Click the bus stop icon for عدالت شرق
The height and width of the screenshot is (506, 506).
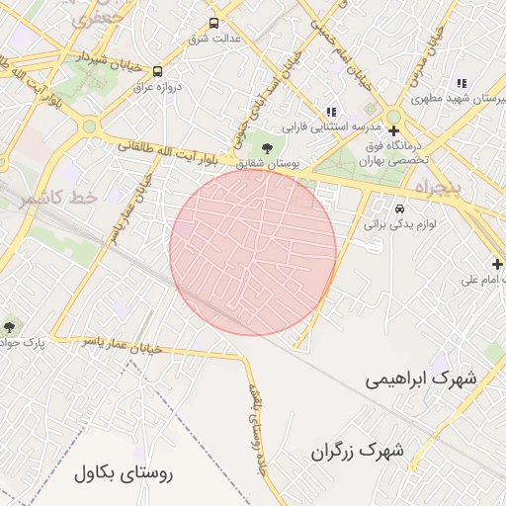tap(214, 24)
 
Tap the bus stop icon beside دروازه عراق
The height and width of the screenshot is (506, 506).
tap(158, 70)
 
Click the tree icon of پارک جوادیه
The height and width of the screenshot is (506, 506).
tap(10, 326)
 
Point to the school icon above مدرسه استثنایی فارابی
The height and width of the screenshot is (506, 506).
tap(331, 112)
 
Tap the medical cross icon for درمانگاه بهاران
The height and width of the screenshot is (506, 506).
tap(393, 130)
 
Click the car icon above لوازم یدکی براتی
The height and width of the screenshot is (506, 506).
tap(399, 210)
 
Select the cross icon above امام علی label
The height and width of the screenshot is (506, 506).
tap(497, 264)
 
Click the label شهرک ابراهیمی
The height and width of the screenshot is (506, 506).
tap(420, 379)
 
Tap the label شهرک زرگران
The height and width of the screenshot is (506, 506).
tap(358, 451)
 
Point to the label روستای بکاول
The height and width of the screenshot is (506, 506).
tap(123, 473)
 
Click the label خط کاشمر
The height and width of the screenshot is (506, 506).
tap(57, 198)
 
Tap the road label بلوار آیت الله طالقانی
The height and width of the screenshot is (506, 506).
tap(168, 147)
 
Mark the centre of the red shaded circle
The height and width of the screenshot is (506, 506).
tap(253, 252)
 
